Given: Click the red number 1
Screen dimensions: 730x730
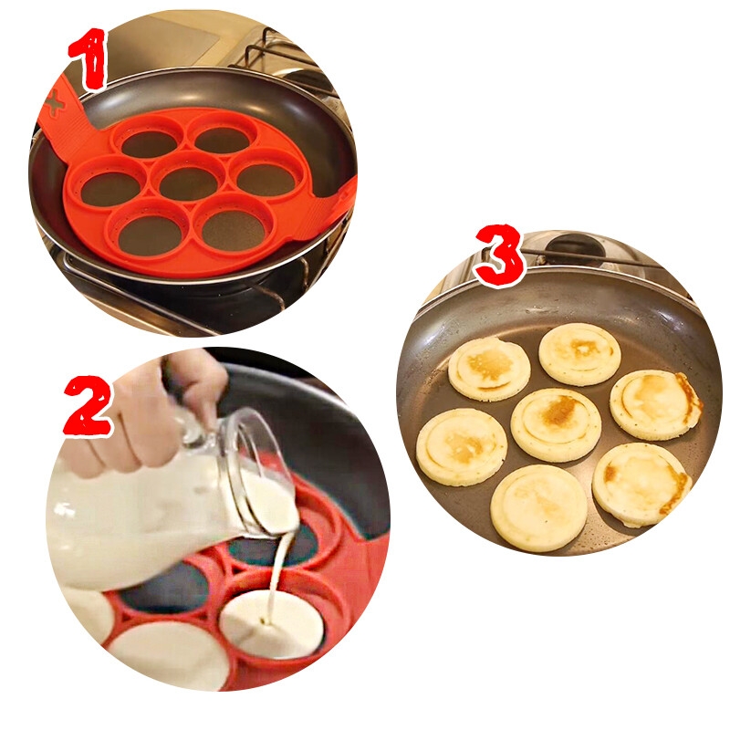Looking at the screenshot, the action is click(x=89, y=58).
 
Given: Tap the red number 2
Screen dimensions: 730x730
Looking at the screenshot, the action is click(x=88, y=406).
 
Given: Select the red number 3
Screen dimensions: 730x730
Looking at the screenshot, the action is click(x=499, y=255).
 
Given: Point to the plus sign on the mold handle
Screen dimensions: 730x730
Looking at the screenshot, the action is click(x=55, y=103).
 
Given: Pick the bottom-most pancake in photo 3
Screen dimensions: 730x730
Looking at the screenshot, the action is click(x=538, y=508).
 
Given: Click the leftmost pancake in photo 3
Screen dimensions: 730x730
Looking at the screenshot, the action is click(x=462, y=447).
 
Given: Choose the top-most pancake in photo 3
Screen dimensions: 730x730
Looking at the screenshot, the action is click(x=579, y=354).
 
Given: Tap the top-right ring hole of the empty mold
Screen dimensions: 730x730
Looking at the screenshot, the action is click(x=223, y=139).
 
